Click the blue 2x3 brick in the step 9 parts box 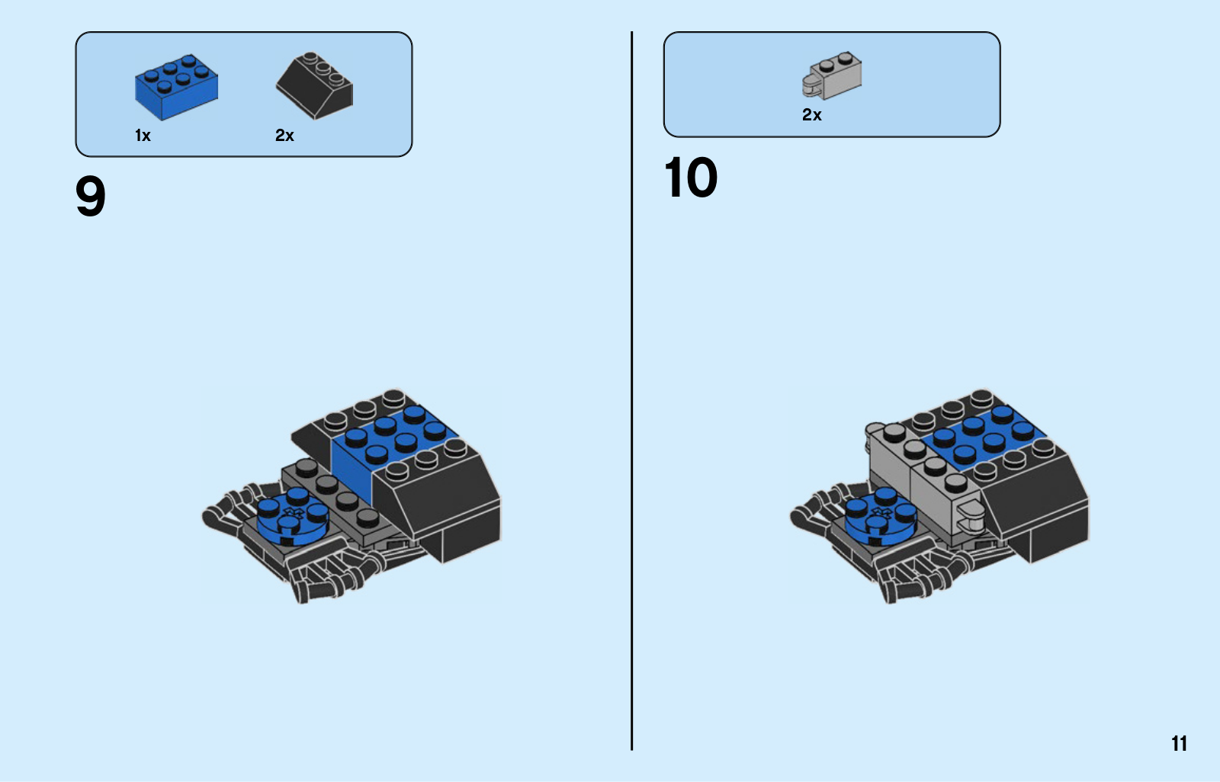coord(176,87)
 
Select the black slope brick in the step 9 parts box coord(314,85)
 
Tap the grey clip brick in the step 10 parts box coord(832,75)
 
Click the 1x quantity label coord(143,135)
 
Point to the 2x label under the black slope coord(284,135)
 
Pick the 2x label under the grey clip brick coord(811,115)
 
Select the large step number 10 coord(691,177)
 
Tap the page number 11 coord(1179,743)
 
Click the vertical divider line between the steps coord(632,390)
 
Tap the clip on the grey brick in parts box coord(811,87)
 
